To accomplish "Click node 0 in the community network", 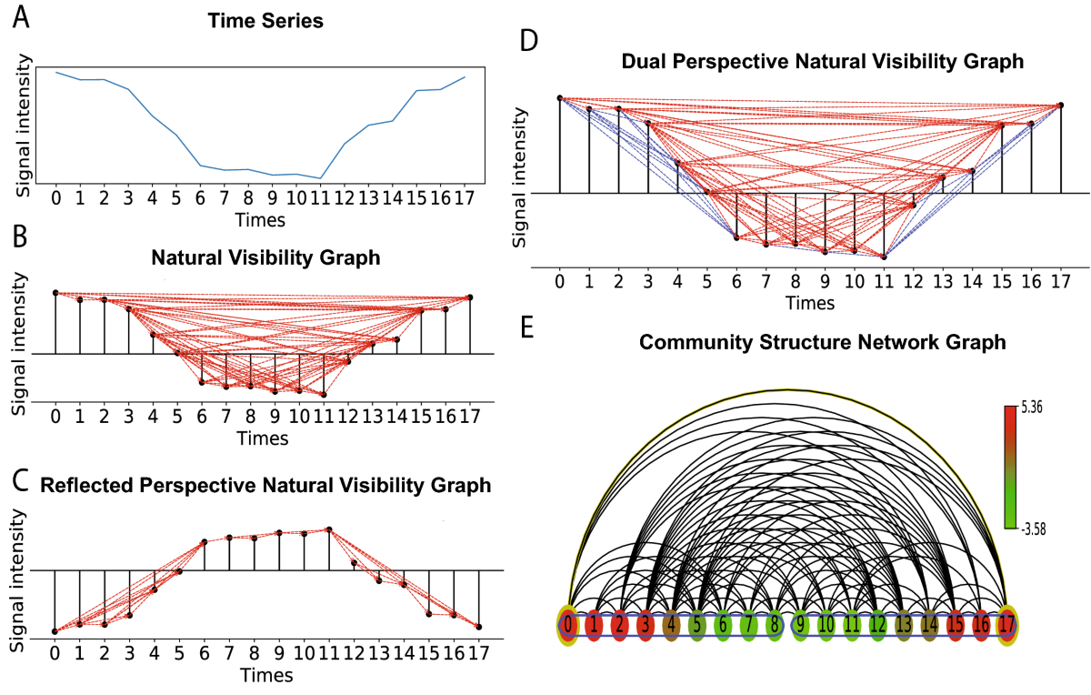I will click(568, 625).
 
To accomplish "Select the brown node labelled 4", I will click(671, 625).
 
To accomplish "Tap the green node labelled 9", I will click(800, 625).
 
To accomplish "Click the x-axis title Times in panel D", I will click(810, 302).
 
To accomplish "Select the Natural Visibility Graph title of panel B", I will click(265, 257).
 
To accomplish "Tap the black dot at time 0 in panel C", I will click(55, 630).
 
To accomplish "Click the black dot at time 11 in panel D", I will click(883, 258).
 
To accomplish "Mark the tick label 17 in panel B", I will click(470, 417).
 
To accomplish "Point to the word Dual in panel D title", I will click(642, 62).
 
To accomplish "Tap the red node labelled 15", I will click(956, 625).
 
